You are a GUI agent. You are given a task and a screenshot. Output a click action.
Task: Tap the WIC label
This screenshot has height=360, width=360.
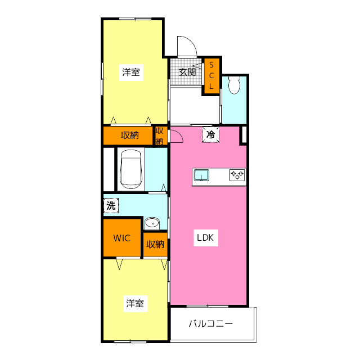click(x=121, y=238)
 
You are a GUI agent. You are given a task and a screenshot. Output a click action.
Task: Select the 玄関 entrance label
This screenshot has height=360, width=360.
click(x=187, y=72)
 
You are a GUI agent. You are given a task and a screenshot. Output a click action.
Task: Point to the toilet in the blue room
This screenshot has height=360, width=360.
click(x=234, y=85)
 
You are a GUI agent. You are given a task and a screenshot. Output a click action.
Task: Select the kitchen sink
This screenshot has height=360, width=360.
click(x=202, y=176)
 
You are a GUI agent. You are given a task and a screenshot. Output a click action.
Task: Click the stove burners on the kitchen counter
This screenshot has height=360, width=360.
click(x=237, y=175)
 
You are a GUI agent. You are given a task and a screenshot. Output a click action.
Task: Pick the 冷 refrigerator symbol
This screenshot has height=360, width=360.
click(x=210, y=135)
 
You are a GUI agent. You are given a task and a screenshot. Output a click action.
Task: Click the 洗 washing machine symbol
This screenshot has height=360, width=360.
click(x=111, y=205)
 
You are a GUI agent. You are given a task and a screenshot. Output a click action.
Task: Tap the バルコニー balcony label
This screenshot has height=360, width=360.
click(x=210, y=324)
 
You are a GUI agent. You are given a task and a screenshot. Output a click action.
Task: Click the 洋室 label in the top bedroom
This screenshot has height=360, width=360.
click(x=131, y=72)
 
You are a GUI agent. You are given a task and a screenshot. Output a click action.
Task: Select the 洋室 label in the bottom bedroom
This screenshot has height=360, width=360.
click(x=134, y=304)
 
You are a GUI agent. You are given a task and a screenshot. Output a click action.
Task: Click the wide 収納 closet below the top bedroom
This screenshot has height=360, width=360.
click(x=129, y=135)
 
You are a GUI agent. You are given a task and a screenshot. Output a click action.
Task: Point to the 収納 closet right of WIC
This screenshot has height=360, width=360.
click(x=155, y=244)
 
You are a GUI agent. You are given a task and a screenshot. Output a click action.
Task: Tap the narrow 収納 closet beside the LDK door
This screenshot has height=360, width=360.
click(x=160, y=136)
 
